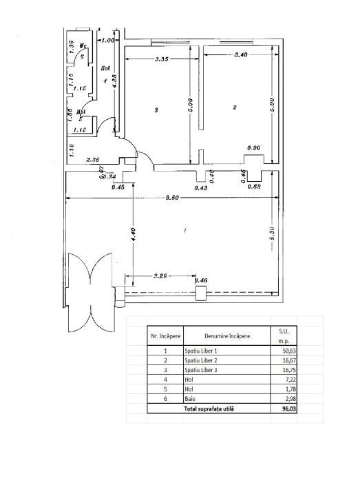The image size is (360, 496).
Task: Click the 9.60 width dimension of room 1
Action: (162, 198)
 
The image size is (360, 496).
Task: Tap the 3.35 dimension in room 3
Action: (162, 59)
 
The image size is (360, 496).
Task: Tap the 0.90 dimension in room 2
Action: (253, 148)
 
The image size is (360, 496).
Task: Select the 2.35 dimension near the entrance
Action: (94, 160)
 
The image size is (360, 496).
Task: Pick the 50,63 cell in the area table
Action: (283, 350)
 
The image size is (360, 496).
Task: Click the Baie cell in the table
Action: (190, 398)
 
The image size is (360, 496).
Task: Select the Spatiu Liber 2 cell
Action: (203, 360)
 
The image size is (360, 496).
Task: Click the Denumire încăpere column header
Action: (226, 335)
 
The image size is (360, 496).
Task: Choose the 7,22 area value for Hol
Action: (283, 379)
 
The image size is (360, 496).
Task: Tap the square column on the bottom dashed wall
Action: (200, 293)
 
